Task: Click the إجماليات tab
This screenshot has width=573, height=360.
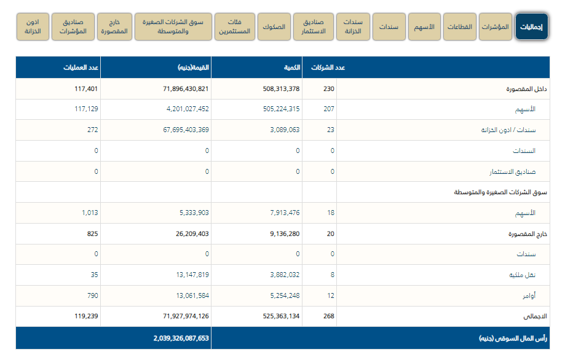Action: pyautogui.click(x=531, y=27)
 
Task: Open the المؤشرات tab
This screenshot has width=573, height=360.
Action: pyautogui.click(x=495, y=27)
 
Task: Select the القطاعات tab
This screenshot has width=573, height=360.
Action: pyautogui.click(x=459, y=27)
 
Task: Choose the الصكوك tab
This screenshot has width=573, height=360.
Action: pyautogui.click(x=274, y=27)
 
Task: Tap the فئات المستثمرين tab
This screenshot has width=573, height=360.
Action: pyautogui.click(x=234, y=27)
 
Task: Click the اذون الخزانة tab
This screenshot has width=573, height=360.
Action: pyautogui.click(x=33, y=27)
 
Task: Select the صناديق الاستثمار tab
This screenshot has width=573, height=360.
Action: pyautogui.click(x=314, y=27)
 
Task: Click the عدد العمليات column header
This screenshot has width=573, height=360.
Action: pyautogui.click(x=81, y=68)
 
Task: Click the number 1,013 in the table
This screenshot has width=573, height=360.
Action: pyautogui.click(x=90, y=213)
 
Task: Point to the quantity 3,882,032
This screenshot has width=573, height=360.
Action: pyautogui.click(x=280, y=275)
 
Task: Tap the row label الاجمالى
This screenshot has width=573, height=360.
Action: pyautogui.click(x=534, y=317)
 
